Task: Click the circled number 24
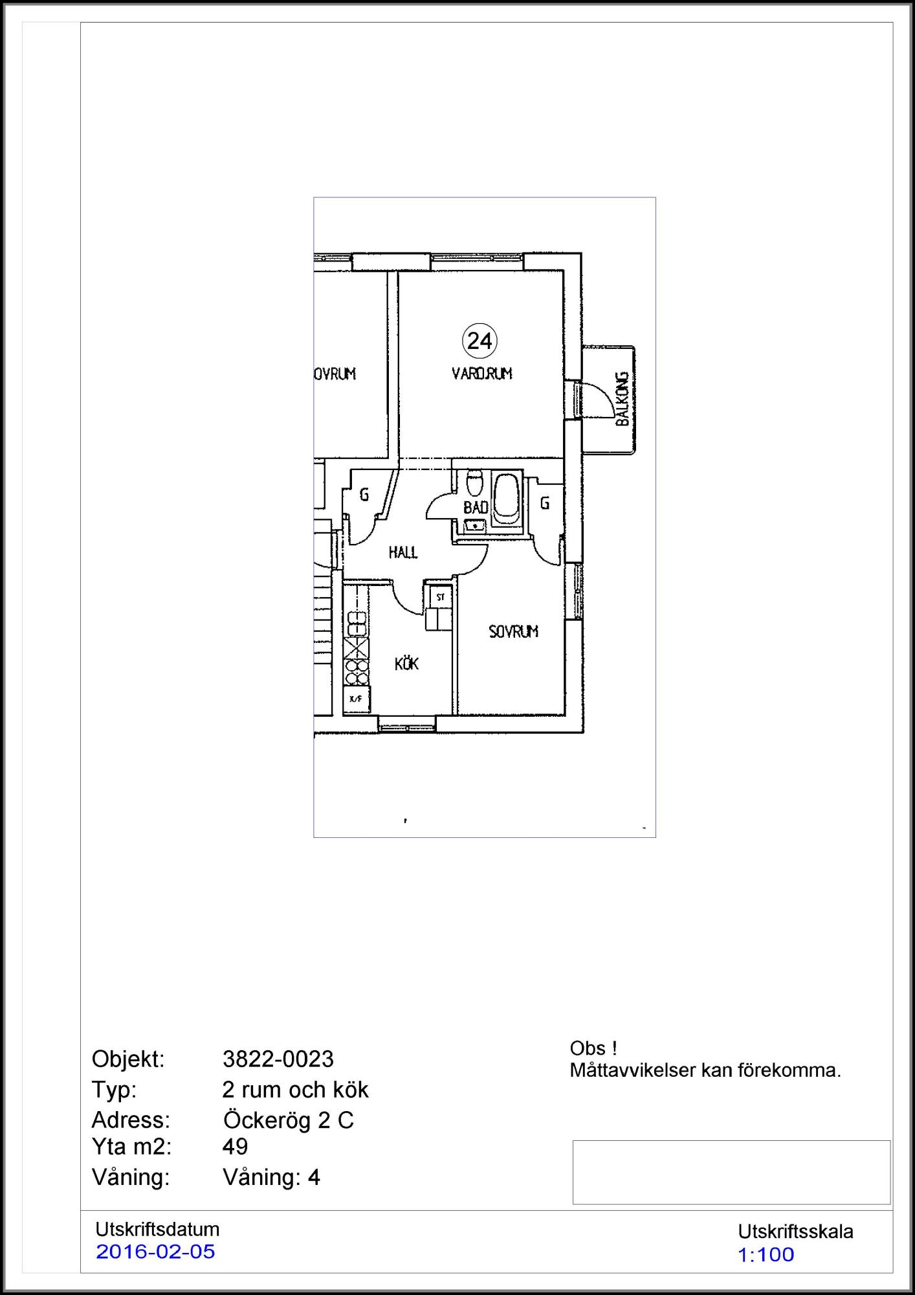(480, 341)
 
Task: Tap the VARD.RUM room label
(482, 374)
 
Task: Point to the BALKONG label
(622, 398)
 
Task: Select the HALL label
(403, 552)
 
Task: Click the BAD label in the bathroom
(476, 507)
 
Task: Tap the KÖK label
(407, 663)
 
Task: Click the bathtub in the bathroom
(505, 499)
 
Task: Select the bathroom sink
(476, 525)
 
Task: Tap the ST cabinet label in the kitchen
(441, 597)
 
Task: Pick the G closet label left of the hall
(364, 495)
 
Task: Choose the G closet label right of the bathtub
(545, 502)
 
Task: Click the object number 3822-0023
(278, 1059)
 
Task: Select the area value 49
(235, 1147)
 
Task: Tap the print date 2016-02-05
(155, 1252)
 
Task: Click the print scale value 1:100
(766, 1254)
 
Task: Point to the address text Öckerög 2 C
(289, 1120)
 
